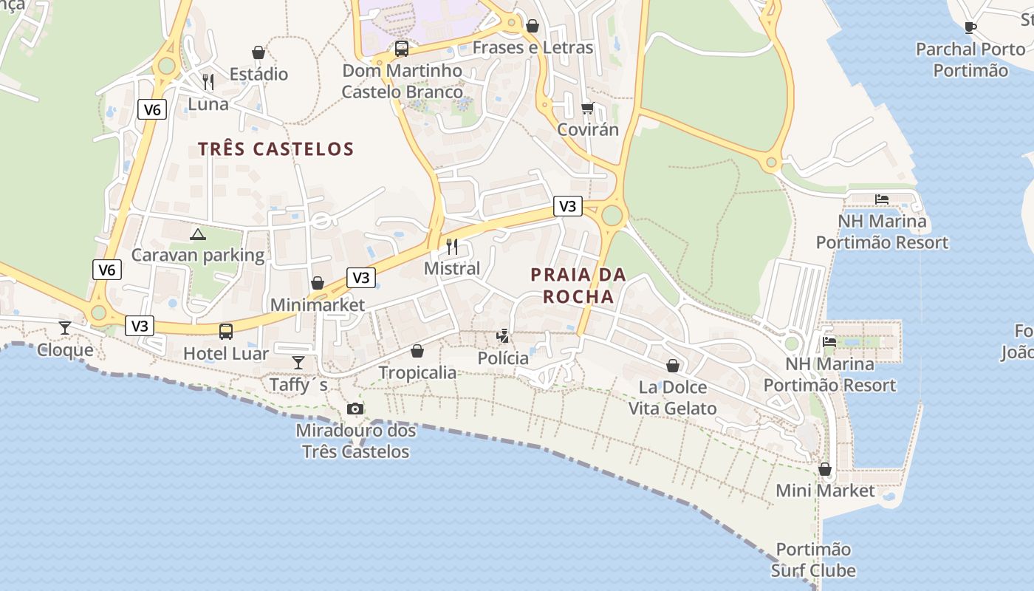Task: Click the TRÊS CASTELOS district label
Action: [276, 149]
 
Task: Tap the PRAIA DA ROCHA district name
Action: [578, 286]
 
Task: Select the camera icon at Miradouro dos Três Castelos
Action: [355, 409]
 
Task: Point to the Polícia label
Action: [503, 358]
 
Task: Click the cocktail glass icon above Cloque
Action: [65, 327]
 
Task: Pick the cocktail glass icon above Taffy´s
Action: [298, 362]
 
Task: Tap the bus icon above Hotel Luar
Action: [226, 332]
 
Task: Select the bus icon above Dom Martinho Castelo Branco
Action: [402, 49]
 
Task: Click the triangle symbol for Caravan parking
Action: [197, 235]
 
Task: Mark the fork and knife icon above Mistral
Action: [452, 246]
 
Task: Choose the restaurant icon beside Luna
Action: [208, 81]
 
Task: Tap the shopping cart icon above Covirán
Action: [587, 108]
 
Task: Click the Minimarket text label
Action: [318, 305]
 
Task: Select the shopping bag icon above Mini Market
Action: [825, 469]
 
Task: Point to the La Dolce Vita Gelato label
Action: [672, 397]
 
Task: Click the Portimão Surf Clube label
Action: [813, 560]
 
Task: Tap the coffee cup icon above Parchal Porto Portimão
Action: [970, 27]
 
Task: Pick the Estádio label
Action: [258, 75]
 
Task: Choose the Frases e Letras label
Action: [533, 48]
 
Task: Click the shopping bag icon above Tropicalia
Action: [417, 351]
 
